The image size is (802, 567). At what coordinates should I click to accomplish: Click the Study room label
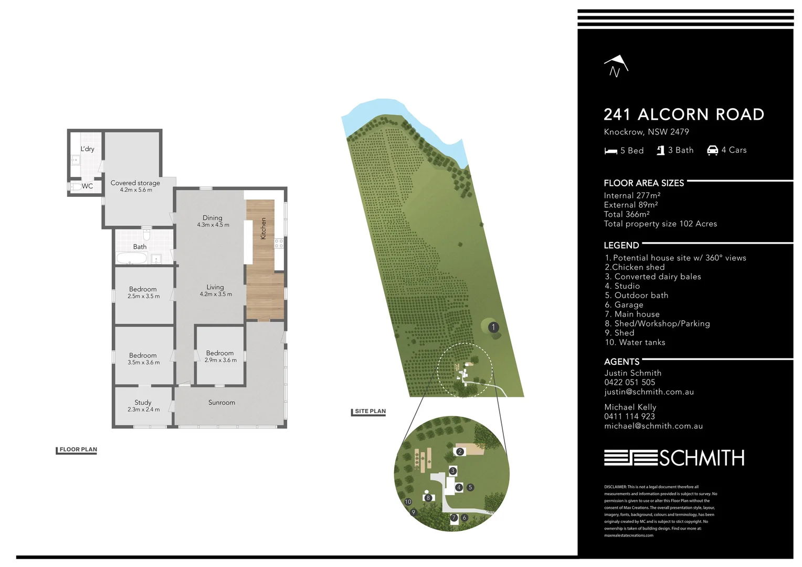pyautogui.click(x=143, y=402)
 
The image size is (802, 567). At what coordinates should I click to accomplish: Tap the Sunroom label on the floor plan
pyautogui.click(x=221, y=403)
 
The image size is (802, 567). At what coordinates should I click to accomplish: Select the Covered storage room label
pyautogui.click(x=135, y=183)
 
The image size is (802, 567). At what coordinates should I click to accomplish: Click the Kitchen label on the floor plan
pyautogui.click(x=263, y=228)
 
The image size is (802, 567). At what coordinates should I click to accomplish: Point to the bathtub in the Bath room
pyautogui.click(x=131, y=258)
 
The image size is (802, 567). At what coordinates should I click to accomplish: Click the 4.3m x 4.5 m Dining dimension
pyautogui.click(x=213, y=225)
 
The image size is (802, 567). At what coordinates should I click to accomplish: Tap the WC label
pyautogui.click(x=87, y=186)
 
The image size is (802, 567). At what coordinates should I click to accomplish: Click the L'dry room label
pyautogui.click(x=88, y=149)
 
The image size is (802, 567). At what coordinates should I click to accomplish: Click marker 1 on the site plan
pyautogui.click(x=493, y=327)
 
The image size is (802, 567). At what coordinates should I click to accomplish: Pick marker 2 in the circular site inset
pyautogui.click(x=460, y=451)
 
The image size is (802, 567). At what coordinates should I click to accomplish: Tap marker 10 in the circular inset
pyautogui.click(x=408, y=502)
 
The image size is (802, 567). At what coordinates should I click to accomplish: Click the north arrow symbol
pyautogui.click(x=615, y=66)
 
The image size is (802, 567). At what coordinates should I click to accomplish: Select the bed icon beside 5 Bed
pyautogui.click(x=610, y=151)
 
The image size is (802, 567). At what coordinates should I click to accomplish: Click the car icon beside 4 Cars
pyautogui.click(x=712, y=150)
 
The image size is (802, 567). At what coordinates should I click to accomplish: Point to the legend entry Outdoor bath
pyautogui.click(x=637, y=296)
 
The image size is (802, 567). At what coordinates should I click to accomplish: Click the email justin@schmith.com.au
pyautogui.click(x=649, y=392)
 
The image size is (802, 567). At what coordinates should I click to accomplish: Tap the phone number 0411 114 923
pyautogui.click(x=629, y=416)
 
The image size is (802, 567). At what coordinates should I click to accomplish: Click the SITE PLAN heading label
pyautogui.click(x=370, y=412)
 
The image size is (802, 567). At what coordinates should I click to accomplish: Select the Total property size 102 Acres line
pyautogui.click(x=660, y=224)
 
